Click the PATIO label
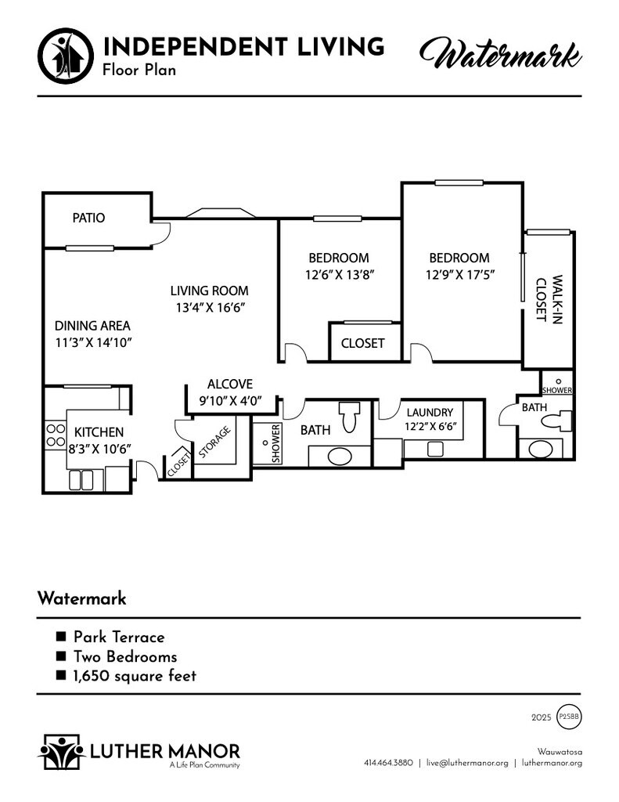pos(88,218)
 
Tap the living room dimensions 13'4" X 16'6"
pos(210,307)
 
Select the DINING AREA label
pos(92,326)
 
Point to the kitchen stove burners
pos(56,435)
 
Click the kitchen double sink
pos(81,480)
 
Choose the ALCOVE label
pos(230,384)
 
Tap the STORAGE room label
pos(214,442)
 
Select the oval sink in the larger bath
pos(340,457)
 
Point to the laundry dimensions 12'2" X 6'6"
pos(430,426)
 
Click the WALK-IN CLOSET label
pos(549,299)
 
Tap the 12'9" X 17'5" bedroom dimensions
pos(460,275)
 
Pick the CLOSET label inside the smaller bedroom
pos(362,343)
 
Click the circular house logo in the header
pos(66,56)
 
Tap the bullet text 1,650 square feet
pos(135,676)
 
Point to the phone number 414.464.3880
pos(388,763)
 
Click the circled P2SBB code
pos(569,717)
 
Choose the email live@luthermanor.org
pos(467,763)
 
